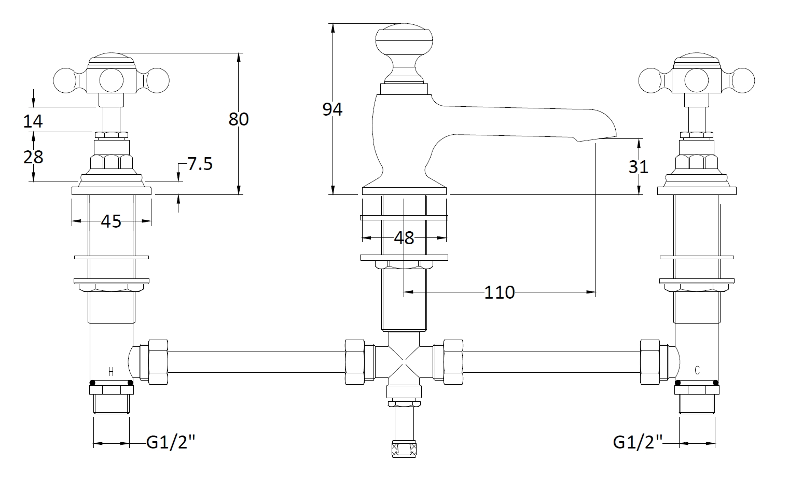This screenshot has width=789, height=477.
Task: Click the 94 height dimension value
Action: [333, 109]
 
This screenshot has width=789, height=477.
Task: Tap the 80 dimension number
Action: [239, 119]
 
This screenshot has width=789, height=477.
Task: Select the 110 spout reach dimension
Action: [499, 292]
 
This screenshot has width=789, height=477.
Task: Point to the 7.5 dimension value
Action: [200, 164]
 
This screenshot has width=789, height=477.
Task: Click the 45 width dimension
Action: [111, 221]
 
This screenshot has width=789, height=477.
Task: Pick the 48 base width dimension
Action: [404, 238]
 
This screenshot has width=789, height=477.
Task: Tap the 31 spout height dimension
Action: [639, 166]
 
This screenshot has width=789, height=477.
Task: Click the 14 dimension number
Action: [33, 121]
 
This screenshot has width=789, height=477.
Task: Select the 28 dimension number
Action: [33, 157]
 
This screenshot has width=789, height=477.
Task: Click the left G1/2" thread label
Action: [171, 442]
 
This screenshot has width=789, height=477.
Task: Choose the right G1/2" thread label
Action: [638, 442]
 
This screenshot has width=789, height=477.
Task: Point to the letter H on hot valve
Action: [110, 371]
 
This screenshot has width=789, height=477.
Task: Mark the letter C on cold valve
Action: [697, 370]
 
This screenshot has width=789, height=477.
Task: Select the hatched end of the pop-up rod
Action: [404, 449]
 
